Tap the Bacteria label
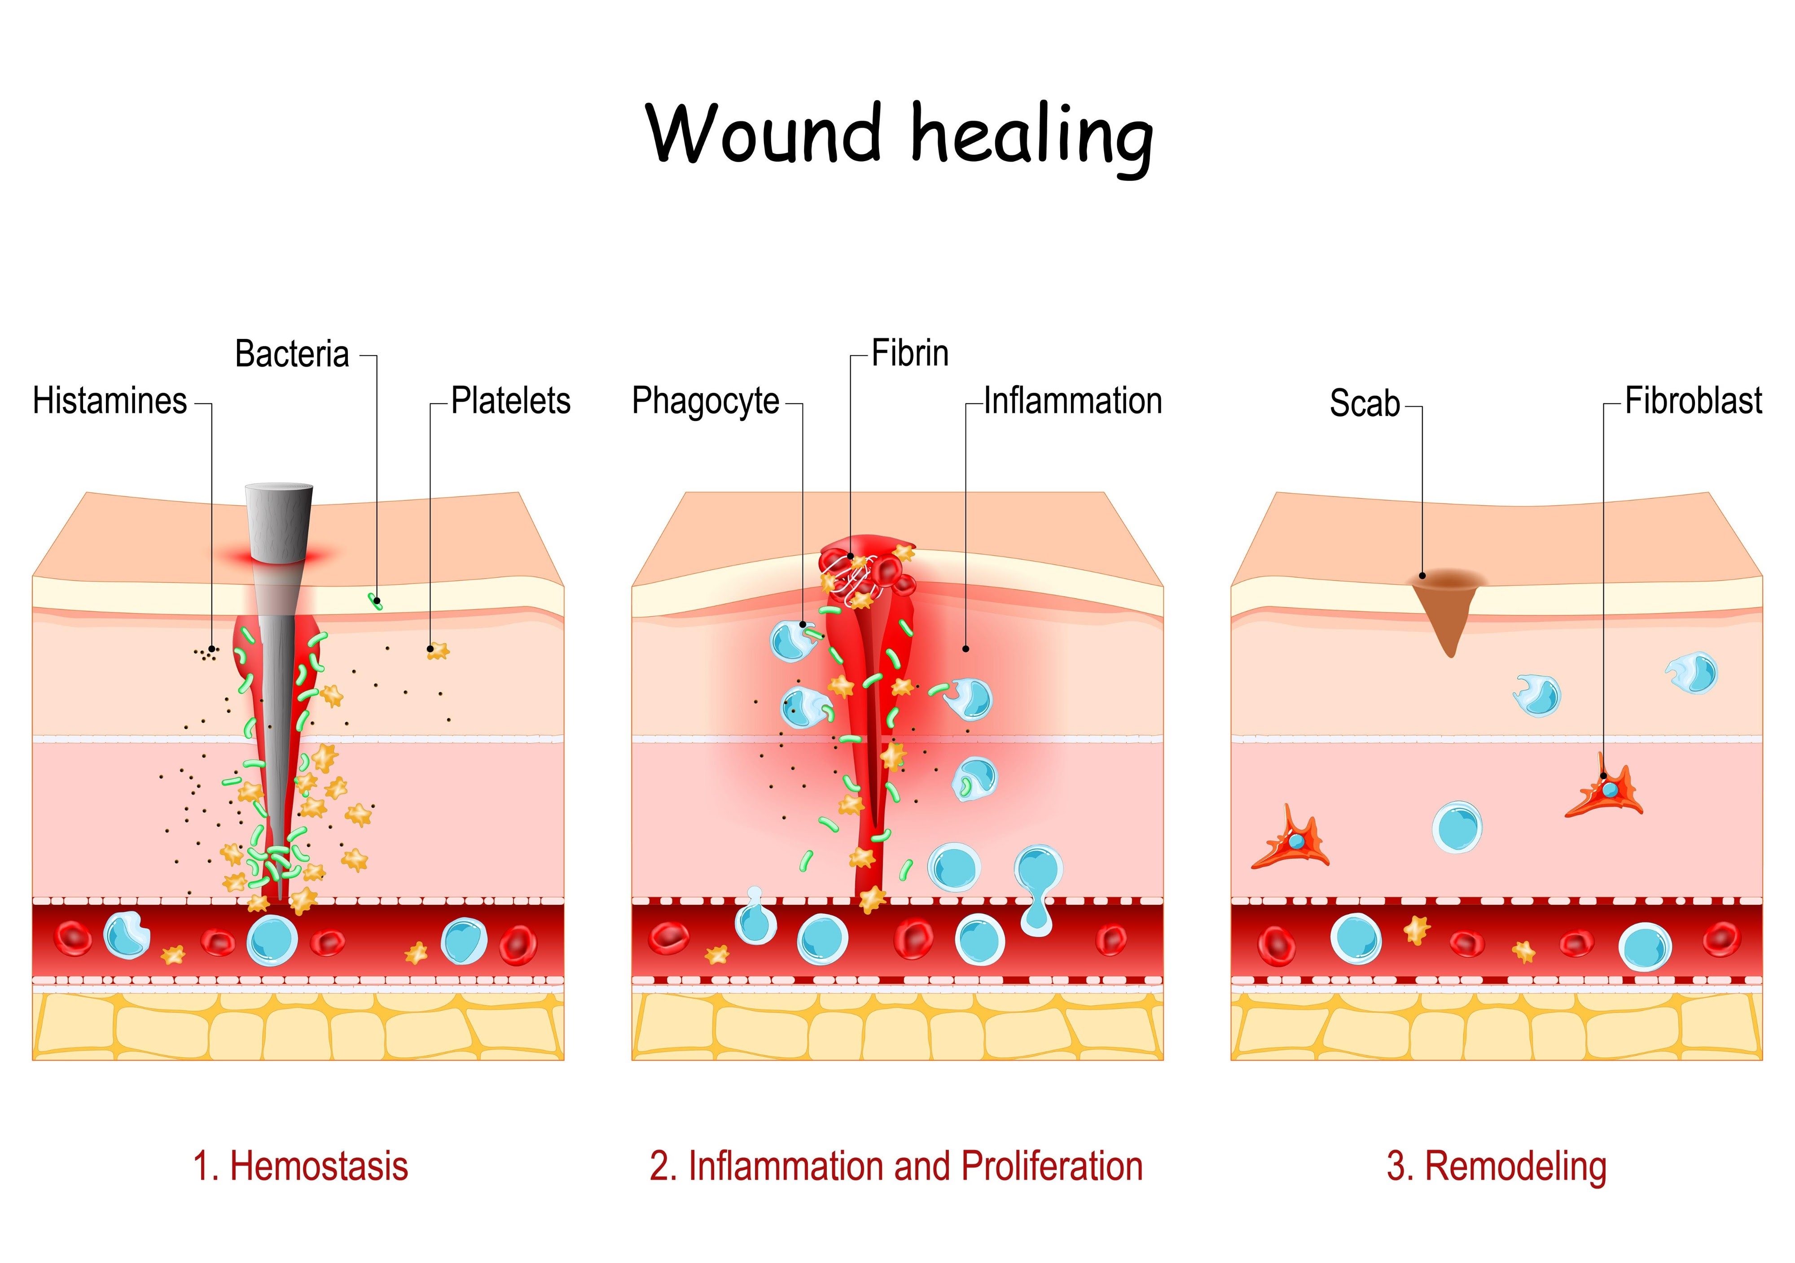pos(292,354)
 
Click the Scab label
pos(1364,404)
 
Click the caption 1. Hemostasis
pos(300,1166)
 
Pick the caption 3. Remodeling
pos(1497,1166)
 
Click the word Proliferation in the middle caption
pos(1052,1166)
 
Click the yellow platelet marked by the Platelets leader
pos(438,650)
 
